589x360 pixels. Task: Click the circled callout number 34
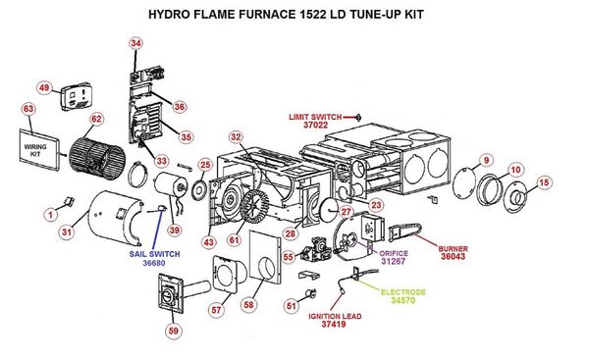[136, 43]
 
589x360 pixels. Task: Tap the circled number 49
[44, 88]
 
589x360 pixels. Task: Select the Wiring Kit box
[39, 150]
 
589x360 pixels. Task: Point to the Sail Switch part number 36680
[154, 263]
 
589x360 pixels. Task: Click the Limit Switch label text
[315, 117]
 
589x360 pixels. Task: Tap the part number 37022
[315, 125]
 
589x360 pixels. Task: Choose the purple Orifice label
[394, 253]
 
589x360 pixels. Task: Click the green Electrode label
[403, 292]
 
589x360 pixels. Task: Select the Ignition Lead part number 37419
[334, 324]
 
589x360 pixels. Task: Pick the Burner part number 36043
[453, 257]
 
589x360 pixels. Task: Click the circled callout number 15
[544, 182]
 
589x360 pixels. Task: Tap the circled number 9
[487, 160]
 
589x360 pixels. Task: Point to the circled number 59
[174, 331]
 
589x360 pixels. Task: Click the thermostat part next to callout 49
[77, 96]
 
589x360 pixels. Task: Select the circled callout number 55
[288, 257]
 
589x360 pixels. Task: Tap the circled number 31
[67, 232]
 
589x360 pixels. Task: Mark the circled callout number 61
[234, 239]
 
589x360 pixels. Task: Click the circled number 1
[51, 215]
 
